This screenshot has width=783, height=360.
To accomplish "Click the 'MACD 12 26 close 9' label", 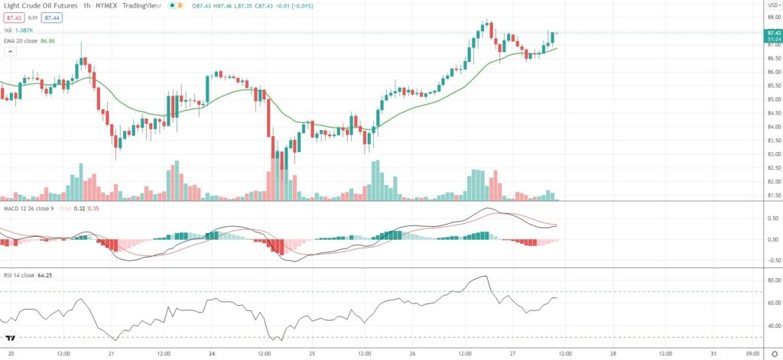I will [28, 207].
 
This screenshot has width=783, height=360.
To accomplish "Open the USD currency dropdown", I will [772, 5].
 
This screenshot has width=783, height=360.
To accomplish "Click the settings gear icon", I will [774, 353].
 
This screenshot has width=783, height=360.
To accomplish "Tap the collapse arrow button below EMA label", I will [11, 51].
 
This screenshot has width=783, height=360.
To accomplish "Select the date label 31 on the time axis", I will [713, 353].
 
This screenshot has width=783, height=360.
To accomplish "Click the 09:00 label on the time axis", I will [752, 353].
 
